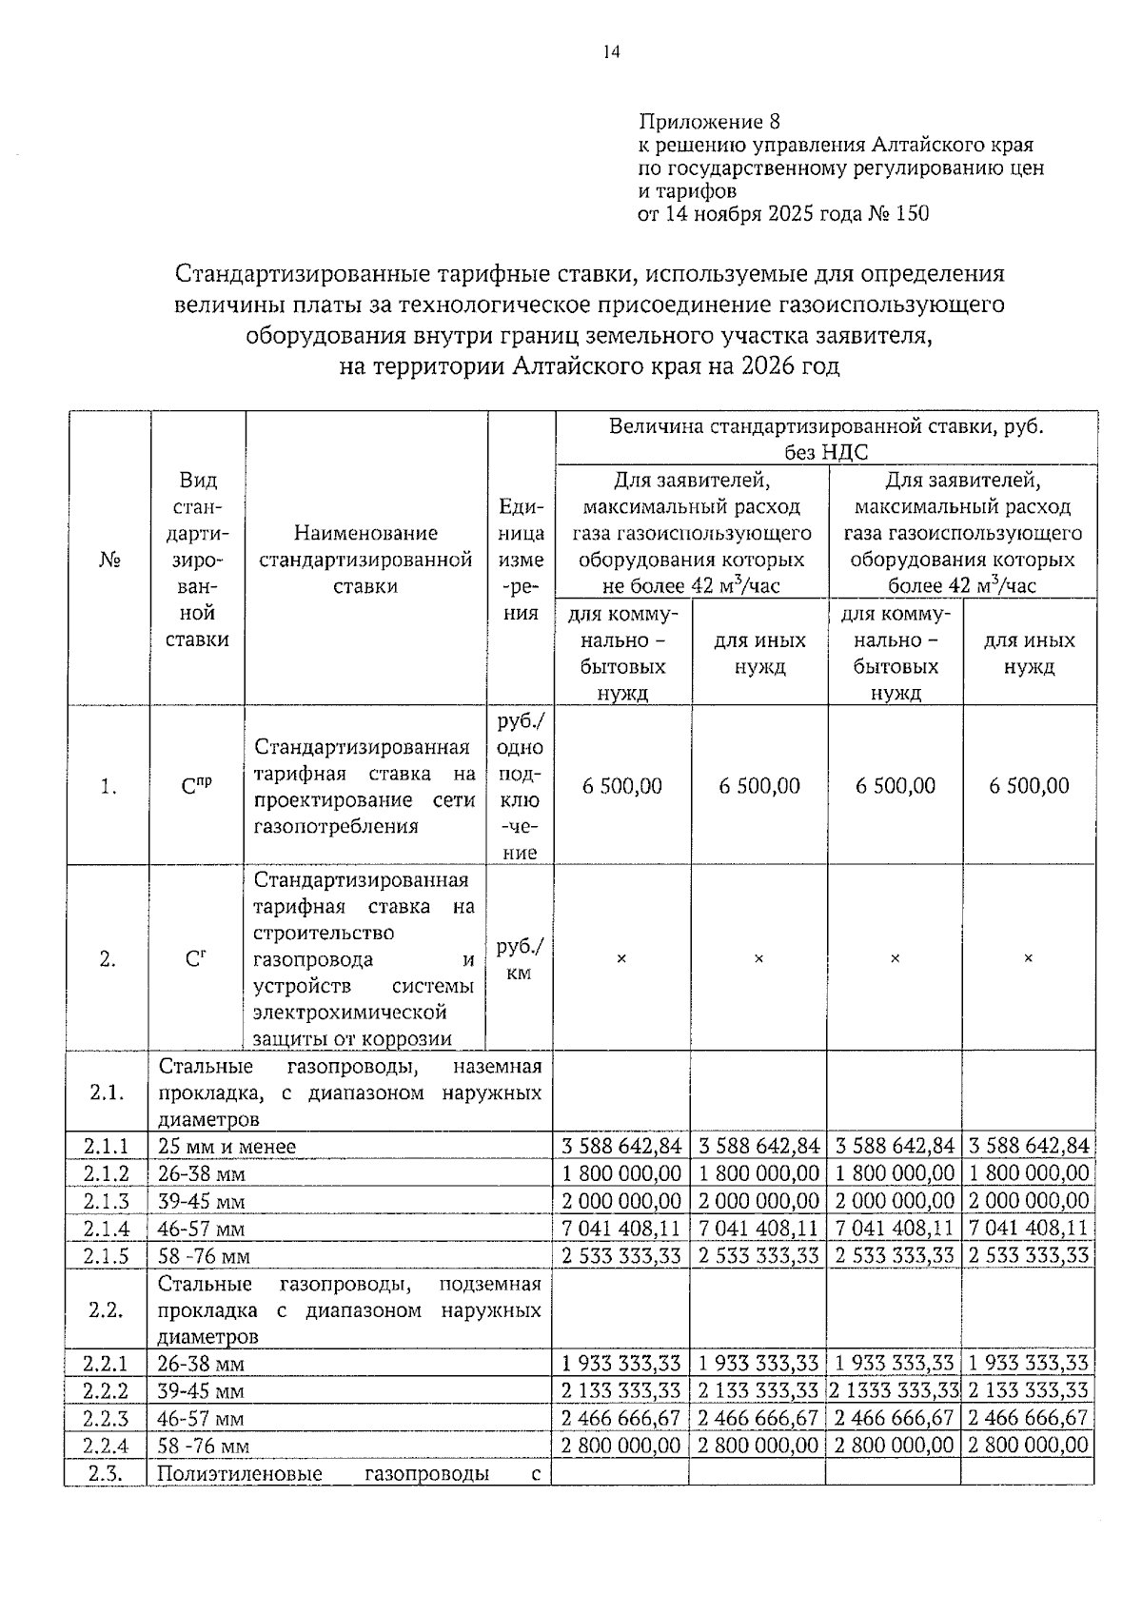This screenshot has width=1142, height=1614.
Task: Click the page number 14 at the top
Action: (x=611, y=52)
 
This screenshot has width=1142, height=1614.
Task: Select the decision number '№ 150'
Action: (x=898, y=213)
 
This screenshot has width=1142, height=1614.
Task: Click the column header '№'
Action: (x=108, y=560)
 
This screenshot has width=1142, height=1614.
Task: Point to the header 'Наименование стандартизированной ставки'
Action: (x=366, y=560)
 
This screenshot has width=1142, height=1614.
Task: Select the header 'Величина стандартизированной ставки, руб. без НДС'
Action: (x=826, y=438)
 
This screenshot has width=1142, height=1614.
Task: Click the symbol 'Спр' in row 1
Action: (x=196, y=786)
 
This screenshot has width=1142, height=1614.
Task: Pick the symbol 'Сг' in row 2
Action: (x=196, y=959)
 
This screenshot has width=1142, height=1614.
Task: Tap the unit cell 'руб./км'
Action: (x=520, y=959)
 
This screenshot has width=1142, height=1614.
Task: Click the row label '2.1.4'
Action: (x=106, y=1228)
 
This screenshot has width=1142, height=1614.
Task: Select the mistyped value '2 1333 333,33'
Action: (x=894, y=1390)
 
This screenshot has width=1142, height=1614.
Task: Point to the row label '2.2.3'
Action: (x=106, y=1418)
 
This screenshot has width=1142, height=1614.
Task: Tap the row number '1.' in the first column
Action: (x=108, y=786)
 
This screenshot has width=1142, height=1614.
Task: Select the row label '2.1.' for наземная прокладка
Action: (x=107, y=1092)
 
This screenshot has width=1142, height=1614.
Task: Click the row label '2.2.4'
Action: (x=106, y=1446)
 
